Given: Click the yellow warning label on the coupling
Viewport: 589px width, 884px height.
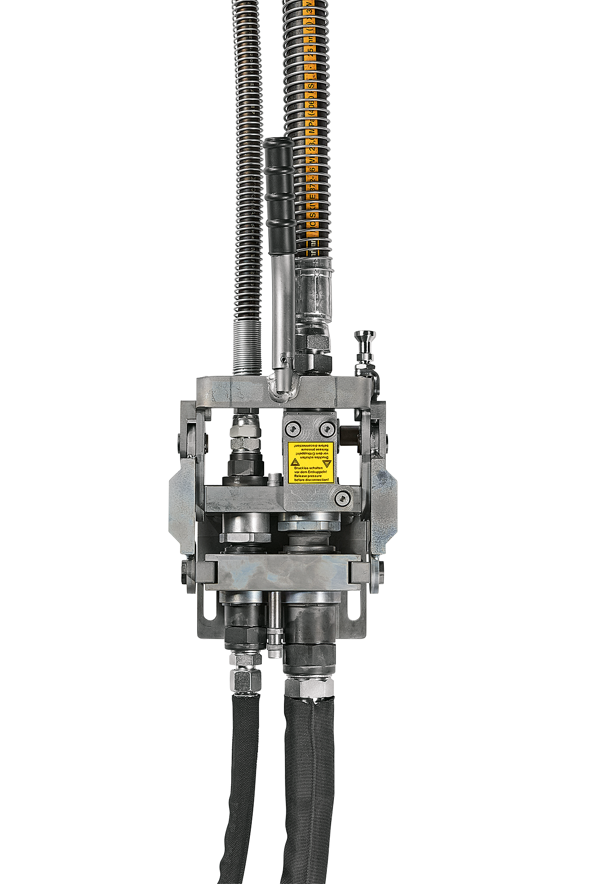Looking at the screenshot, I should click(x=310, y=462).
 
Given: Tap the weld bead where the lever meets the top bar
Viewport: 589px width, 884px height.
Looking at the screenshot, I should click(x=283, y=387).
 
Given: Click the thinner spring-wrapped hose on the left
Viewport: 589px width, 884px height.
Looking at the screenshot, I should click(x=247, y=166).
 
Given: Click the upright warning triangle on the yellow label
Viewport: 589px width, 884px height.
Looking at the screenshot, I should click(x=294, y=462).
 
